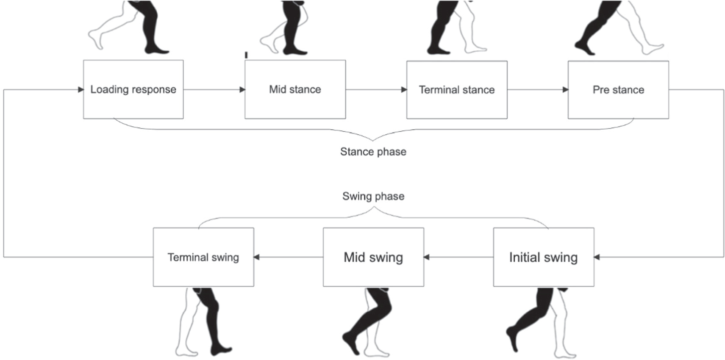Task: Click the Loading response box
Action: pos(133,89)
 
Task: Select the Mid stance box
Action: pos(295,89)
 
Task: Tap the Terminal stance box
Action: pos(457,90)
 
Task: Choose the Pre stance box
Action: pos(618,90)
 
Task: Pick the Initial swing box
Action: pos(543,257)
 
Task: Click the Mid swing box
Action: pos(373,257)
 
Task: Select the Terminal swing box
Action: pos(203,257)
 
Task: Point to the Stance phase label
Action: pos(373,152)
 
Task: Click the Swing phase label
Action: pos(373,196)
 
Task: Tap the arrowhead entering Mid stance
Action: pos(242,89)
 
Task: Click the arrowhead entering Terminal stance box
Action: pos(404,90)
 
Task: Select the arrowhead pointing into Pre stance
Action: pos(565,90)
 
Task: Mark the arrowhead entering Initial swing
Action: pos(597,257)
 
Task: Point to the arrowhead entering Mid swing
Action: pos(427,257)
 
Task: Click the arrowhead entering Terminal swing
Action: pos(257,257)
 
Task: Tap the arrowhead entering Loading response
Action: pos(81,89)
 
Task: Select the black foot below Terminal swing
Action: pos(220,350)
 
